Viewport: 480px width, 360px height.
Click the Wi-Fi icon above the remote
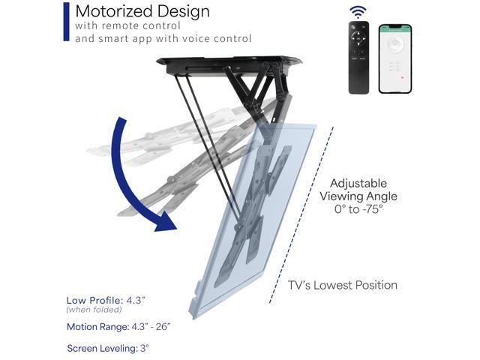(358, 12)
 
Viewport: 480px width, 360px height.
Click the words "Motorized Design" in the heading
(142, 12)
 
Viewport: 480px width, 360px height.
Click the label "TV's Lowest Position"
(343, 285)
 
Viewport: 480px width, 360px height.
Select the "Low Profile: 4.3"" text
(104, 299)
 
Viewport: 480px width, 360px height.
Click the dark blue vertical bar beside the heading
(67, 21)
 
